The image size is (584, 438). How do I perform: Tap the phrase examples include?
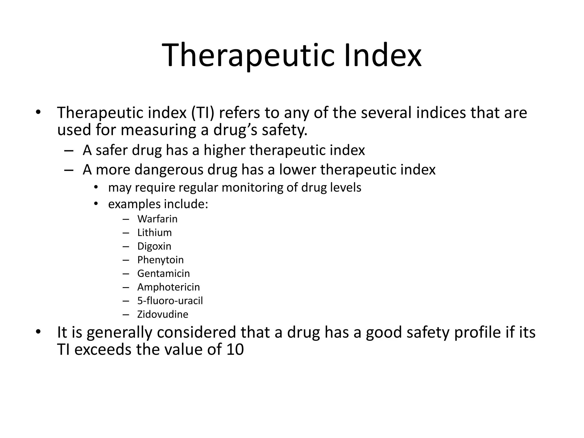tap(158, 204)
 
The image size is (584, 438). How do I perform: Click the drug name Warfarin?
tap(157, 219)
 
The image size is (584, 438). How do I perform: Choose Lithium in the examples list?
tap(154, 233)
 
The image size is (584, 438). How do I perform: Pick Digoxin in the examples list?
tap(154, 246)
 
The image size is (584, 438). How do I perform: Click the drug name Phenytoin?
tap(160, 260)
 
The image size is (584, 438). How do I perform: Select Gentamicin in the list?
tap(163, 273)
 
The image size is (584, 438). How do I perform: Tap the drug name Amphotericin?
tap(168, 287)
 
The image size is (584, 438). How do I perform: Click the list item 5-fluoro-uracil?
tap(170, 301)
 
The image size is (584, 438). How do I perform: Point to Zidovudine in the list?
tap(163, 315)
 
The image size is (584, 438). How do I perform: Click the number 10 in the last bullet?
tap(235, 350)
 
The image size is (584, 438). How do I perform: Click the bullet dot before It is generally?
tap(38, 332)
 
